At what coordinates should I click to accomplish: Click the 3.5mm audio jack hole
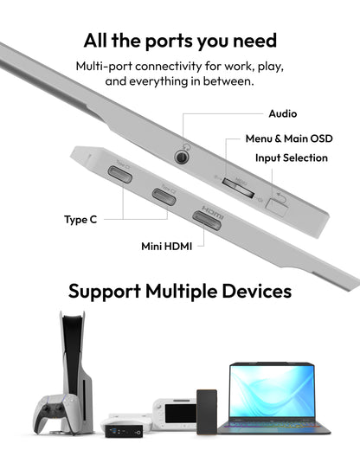(x=182, y=157)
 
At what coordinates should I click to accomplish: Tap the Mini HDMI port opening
(x=207, y=221)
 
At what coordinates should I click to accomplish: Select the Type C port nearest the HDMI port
(x=164, y=196)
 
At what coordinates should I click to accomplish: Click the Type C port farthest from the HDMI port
(x=119, y=175)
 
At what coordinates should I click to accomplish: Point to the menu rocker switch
(x=238, y=188)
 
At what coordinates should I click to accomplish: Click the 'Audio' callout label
(x=283, y=113)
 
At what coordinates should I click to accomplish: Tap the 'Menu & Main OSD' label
(x=289, y=138)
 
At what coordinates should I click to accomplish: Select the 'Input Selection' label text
(x=292, y=157)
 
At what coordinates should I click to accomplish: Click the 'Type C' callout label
(x=80, y=220)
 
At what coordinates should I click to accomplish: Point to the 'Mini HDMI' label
(x=166, y=247)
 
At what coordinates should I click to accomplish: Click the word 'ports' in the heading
(x=169, y=42)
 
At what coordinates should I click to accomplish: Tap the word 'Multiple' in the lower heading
(x=181, y=291)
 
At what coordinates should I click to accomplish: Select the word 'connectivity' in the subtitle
(x=169, y=67)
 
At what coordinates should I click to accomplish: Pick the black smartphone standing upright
(x=207, y=412)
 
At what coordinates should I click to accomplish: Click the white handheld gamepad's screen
(x=181, y=414)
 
